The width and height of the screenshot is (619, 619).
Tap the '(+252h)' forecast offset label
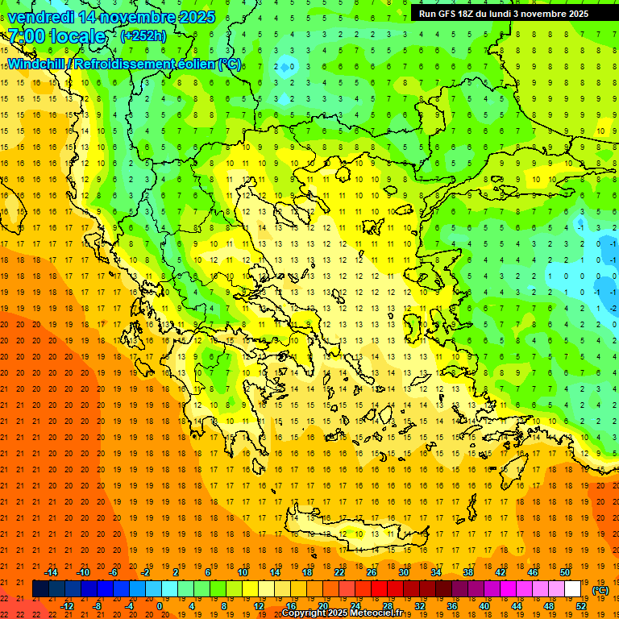click(143, 35)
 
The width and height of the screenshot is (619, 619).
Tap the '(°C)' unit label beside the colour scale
click(600, 590)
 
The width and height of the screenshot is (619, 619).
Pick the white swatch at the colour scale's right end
click(572, 589)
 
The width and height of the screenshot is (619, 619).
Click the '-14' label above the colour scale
click(51, 572)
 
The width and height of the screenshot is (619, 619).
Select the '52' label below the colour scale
click(581, 606)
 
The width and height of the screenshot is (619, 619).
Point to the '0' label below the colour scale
click(160, 606)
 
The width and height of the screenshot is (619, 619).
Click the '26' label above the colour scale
click(372, 572)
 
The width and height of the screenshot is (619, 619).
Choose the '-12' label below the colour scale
click(67, 606)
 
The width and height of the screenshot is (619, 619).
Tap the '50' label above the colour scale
click(564, 572)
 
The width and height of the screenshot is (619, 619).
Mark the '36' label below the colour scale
click(452, 606)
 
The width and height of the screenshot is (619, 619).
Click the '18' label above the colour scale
click(307, 572)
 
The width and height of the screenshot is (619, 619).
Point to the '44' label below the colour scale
click(517, 606)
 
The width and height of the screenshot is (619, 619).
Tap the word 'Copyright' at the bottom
click(306, 613)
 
